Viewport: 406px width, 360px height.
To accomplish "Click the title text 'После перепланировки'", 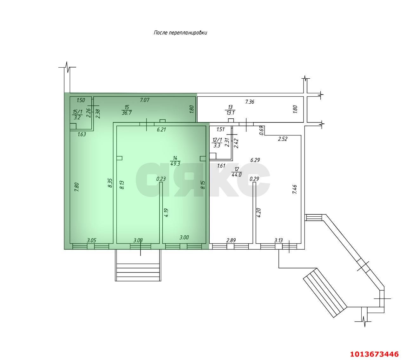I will (180, 33).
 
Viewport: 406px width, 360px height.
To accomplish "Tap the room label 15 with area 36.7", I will (127, 110).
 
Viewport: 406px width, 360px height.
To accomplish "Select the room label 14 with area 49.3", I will (175, 161).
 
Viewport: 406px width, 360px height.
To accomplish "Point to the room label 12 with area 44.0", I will (236, 172).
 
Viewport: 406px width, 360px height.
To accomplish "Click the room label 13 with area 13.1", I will (230, 110).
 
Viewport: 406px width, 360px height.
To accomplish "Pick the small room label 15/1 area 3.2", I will (77, 114).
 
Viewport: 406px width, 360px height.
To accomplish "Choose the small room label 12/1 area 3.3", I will (217, 143).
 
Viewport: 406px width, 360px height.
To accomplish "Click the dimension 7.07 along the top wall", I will (145, 100).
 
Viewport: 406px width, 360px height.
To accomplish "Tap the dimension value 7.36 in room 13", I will (250, 102).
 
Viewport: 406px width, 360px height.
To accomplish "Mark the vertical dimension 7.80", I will (76, 186).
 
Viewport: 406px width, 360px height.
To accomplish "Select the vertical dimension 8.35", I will (110, 183).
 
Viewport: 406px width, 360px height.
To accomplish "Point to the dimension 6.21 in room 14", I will (161, 129).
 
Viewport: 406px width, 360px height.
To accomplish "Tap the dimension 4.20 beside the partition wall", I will (259, 212).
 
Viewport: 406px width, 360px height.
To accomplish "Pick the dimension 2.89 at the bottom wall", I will (231, 240).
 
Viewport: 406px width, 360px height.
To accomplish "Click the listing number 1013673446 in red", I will (374, 354).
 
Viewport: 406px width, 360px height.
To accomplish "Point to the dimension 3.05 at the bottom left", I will (91, 240).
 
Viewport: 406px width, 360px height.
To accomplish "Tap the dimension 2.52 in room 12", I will (282, 139).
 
